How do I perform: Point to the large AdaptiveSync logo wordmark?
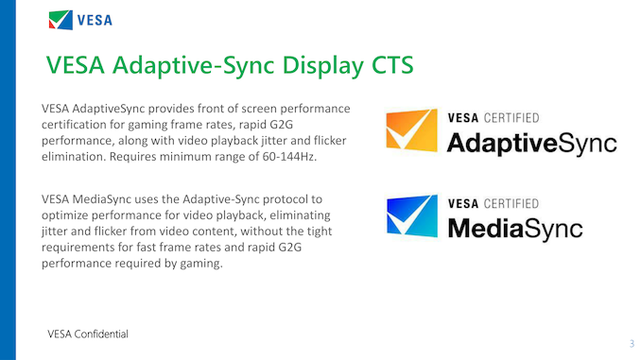[x=531, y=144]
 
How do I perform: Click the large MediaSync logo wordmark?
[x=514, y=228]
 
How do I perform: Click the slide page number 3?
[x=631, y=343]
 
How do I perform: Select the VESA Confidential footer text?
[x=89, y=334]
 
